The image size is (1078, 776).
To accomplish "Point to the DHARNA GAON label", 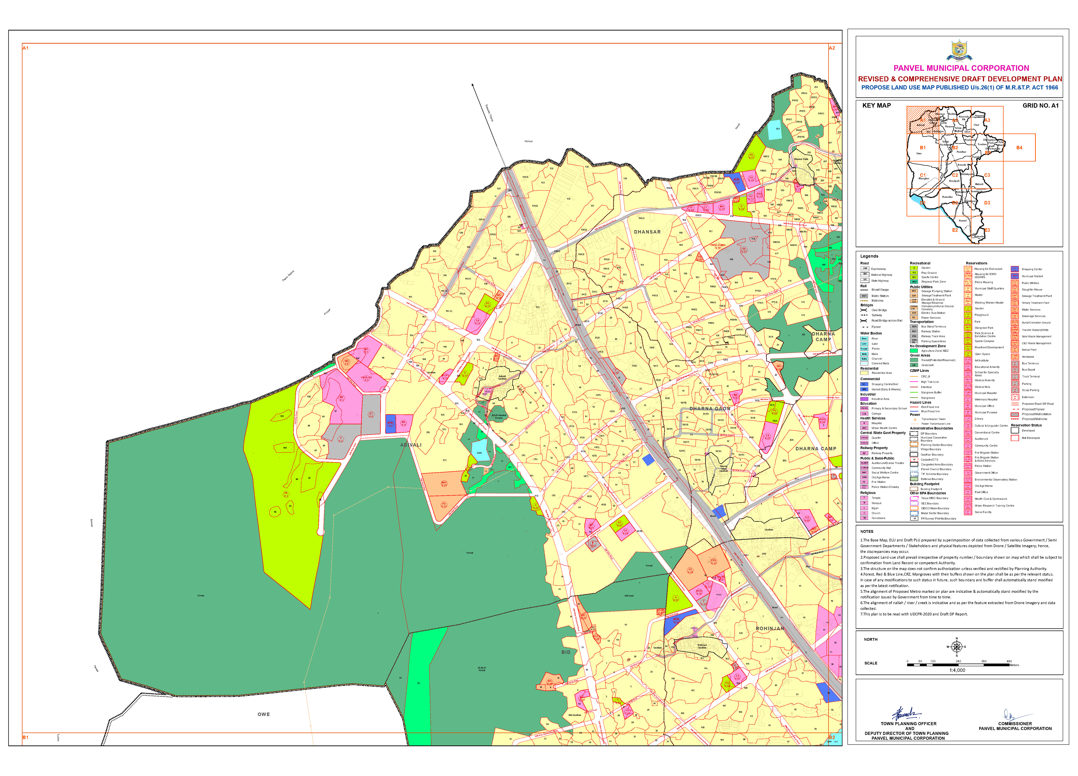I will (710, 409).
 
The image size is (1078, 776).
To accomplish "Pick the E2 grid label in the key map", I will (955, 230).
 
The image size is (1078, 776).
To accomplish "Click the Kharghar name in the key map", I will (923, 179).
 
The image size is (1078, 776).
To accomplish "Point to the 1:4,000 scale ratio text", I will (957, 670).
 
